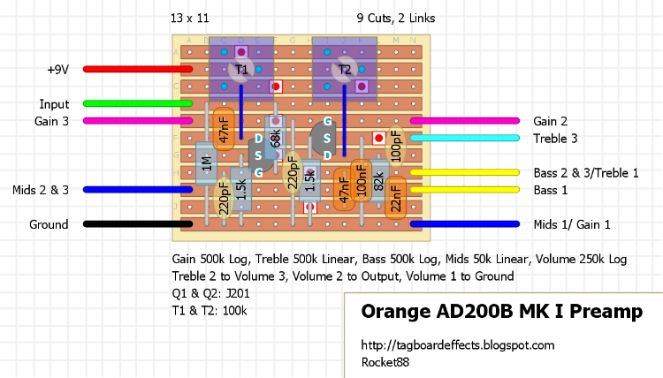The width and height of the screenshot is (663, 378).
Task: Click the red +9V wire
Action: [133, 68]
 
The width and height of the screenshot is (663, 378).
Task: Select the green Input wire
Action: [133, 103]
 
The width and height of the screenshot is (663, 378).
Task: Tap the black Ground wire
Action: [133, 224]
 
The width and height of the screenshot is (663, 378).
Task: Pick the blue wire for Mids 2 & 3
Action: [133, 189]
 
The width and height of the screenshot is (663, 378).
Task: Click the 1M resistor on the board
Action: [205, 163]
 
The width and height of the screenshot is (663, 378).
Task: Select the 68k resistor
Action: [275, 138]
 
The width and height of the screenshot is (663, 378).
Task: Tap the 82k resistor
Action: [379, 181]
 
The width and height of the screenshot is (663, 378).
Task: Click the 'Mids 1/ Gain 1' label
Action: [572, 224]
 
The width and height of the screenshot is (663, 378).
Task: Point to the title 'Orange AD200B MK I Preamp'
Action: [501, 313]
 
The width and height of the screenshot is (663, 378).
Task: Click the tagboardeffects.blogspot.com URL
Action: [458, 344]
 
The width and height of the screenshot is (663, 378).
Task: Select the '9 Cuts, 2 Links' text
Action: [395, 18]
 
